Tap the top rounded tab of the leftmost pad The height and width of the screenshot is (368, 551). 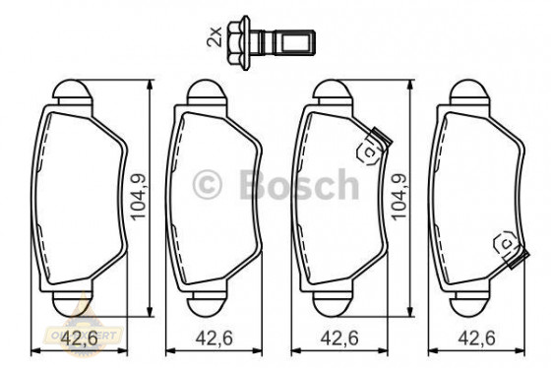(x=72, y=94)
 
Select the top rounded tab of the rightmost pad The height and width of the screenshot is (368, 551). (x=469, y=94)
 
